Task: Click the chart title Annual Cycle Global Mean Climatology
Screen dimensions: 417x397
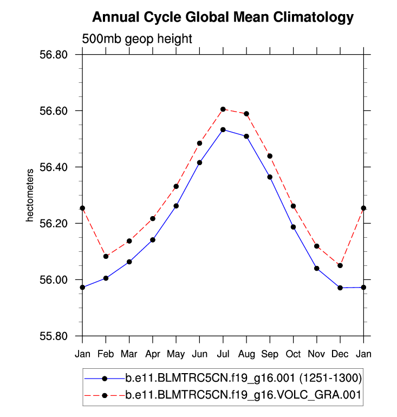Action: [223, 17]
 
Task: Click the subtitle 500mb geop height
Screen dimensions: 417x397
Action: [137, 39]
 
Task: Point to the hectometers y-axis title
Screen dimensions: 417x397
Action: [31, 196]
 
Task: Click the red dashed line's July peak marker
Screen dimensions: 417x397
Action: [223, 109]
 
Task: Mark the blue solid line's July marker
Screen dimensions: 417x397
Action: [223, 130]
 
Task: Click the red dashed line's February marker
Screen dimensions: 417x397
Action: [106, 256]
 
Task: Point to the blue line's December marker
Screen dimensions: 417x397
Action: [340, 288]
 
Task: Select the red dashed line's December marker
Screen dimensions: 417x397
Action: [340, 265]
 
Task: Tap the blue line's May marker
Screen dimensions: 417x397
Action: [176, 206]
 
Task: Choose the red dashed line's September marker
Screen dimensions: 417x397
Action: [270, 156]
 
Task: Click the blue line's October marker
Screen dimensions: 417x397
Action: [293, 227]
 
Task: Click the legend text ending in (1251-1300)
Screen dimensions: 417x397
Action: [243, 377]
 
